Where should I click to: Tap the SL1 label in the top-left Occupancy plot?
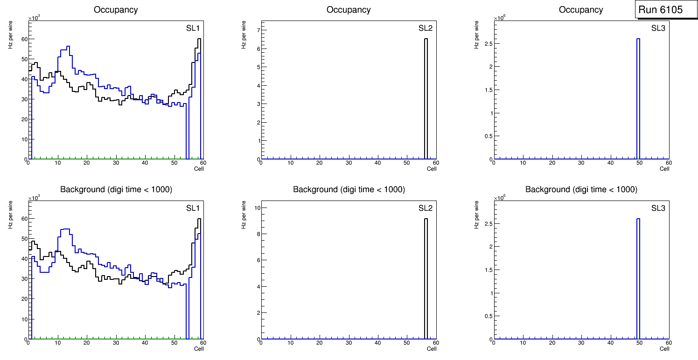(x=193, y=28)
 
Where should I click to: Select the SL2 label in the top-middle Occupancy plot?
(x=426, y=28)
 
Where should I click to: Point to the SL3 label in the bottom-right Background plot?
(x=658, y=208)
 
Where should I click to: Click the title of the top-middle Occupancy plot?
(x=349, y=10)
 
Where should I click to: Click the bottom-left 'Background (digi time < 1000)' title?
(x=116, y=189)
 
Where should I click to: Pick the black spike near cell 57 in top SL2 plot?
(x=426, y=93)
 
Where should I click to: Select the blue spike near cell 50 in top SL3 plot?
(x=638, y=93)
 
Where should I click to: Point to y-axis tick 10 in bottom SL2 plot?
(x=257, y=208)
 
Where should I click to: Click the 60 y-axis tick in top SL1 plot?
(x=24, y=39)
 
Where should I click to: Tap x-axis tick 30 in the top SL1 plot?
(x=116, y=163)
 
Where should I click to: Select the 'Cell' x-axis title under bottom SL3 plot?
(x=664, y=349)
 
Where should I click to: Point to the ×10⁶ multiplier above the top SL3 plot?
(x=499, y=18)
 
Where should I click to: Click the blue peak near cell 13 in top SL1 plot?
(x=68, y=47)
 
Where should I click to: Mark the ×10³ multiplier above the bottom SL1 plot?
(x=34, y=198)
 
